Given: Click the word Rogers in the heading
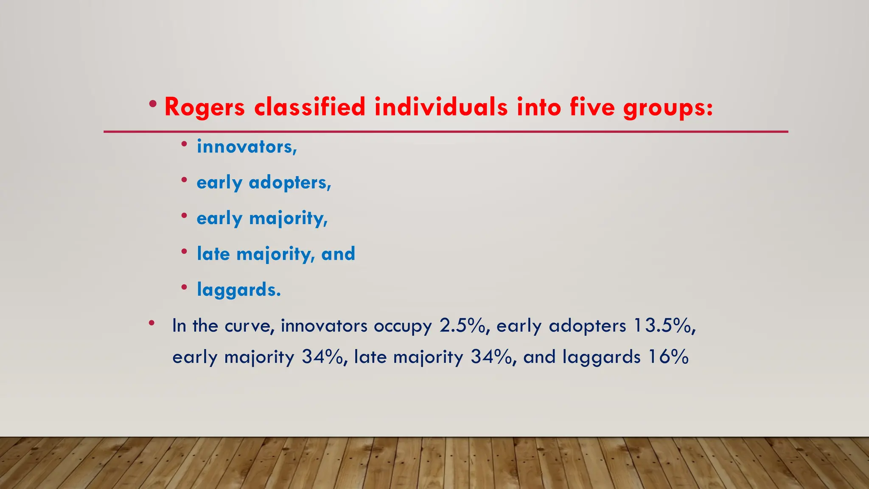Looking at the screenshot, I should tap(205, 107).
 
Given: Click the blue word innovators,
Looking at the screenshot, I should tap(247, 147).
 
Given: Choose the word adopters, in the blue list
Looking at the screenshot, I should tap(290, 183).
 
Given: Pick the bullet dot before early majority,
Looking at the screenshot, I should tap(184, 216).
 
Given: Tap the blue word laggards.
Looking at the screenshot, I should tap(238, 290).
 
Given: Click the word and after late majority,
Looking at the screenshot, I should tap(338, 254).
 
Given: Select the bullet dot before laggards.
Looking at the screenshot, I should tap(184, 287).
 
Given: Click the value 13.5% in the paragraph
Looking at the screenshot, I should tap(664, 326).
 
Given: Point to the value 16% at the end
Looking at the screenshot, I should tap(668, 357).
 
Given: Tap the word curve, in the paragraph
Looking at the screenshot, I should tap(249, 326).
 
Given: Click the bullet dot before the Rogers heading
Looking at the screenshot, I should tap(153, 104).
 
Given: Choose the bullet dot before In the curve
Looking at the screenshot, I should tap(151, 323).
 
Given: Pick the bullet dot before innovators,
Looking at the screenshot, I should tap(184, 144).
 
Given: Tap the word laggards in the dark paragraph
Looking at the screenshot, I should tap(601, 357).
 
